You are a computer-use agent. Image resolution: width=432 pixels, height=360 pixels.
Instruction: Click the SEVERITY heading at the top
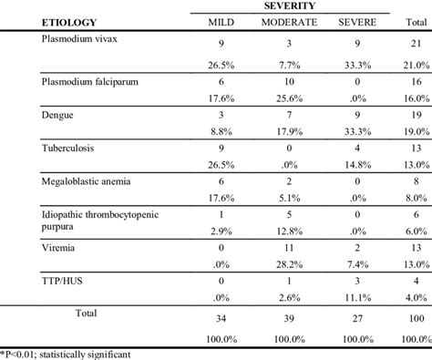(290, 6)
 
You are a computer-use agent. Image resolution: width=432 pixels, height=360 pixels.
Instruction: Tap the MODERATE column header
(289, 24)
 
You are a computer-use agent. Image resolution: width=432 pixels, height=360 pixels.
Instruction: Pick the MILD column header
(217, 24)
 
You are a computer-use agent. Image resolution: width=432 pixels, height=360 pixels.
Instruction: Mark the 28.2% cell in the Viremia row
(288, 262)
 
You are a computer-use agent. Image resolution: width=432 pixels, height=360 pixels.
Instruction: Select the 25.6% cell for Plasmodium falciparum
(288, 98)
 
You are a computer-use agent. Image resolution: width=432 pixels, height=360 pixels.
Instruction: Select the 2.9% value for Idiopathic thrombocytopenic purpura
(217, 230)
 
